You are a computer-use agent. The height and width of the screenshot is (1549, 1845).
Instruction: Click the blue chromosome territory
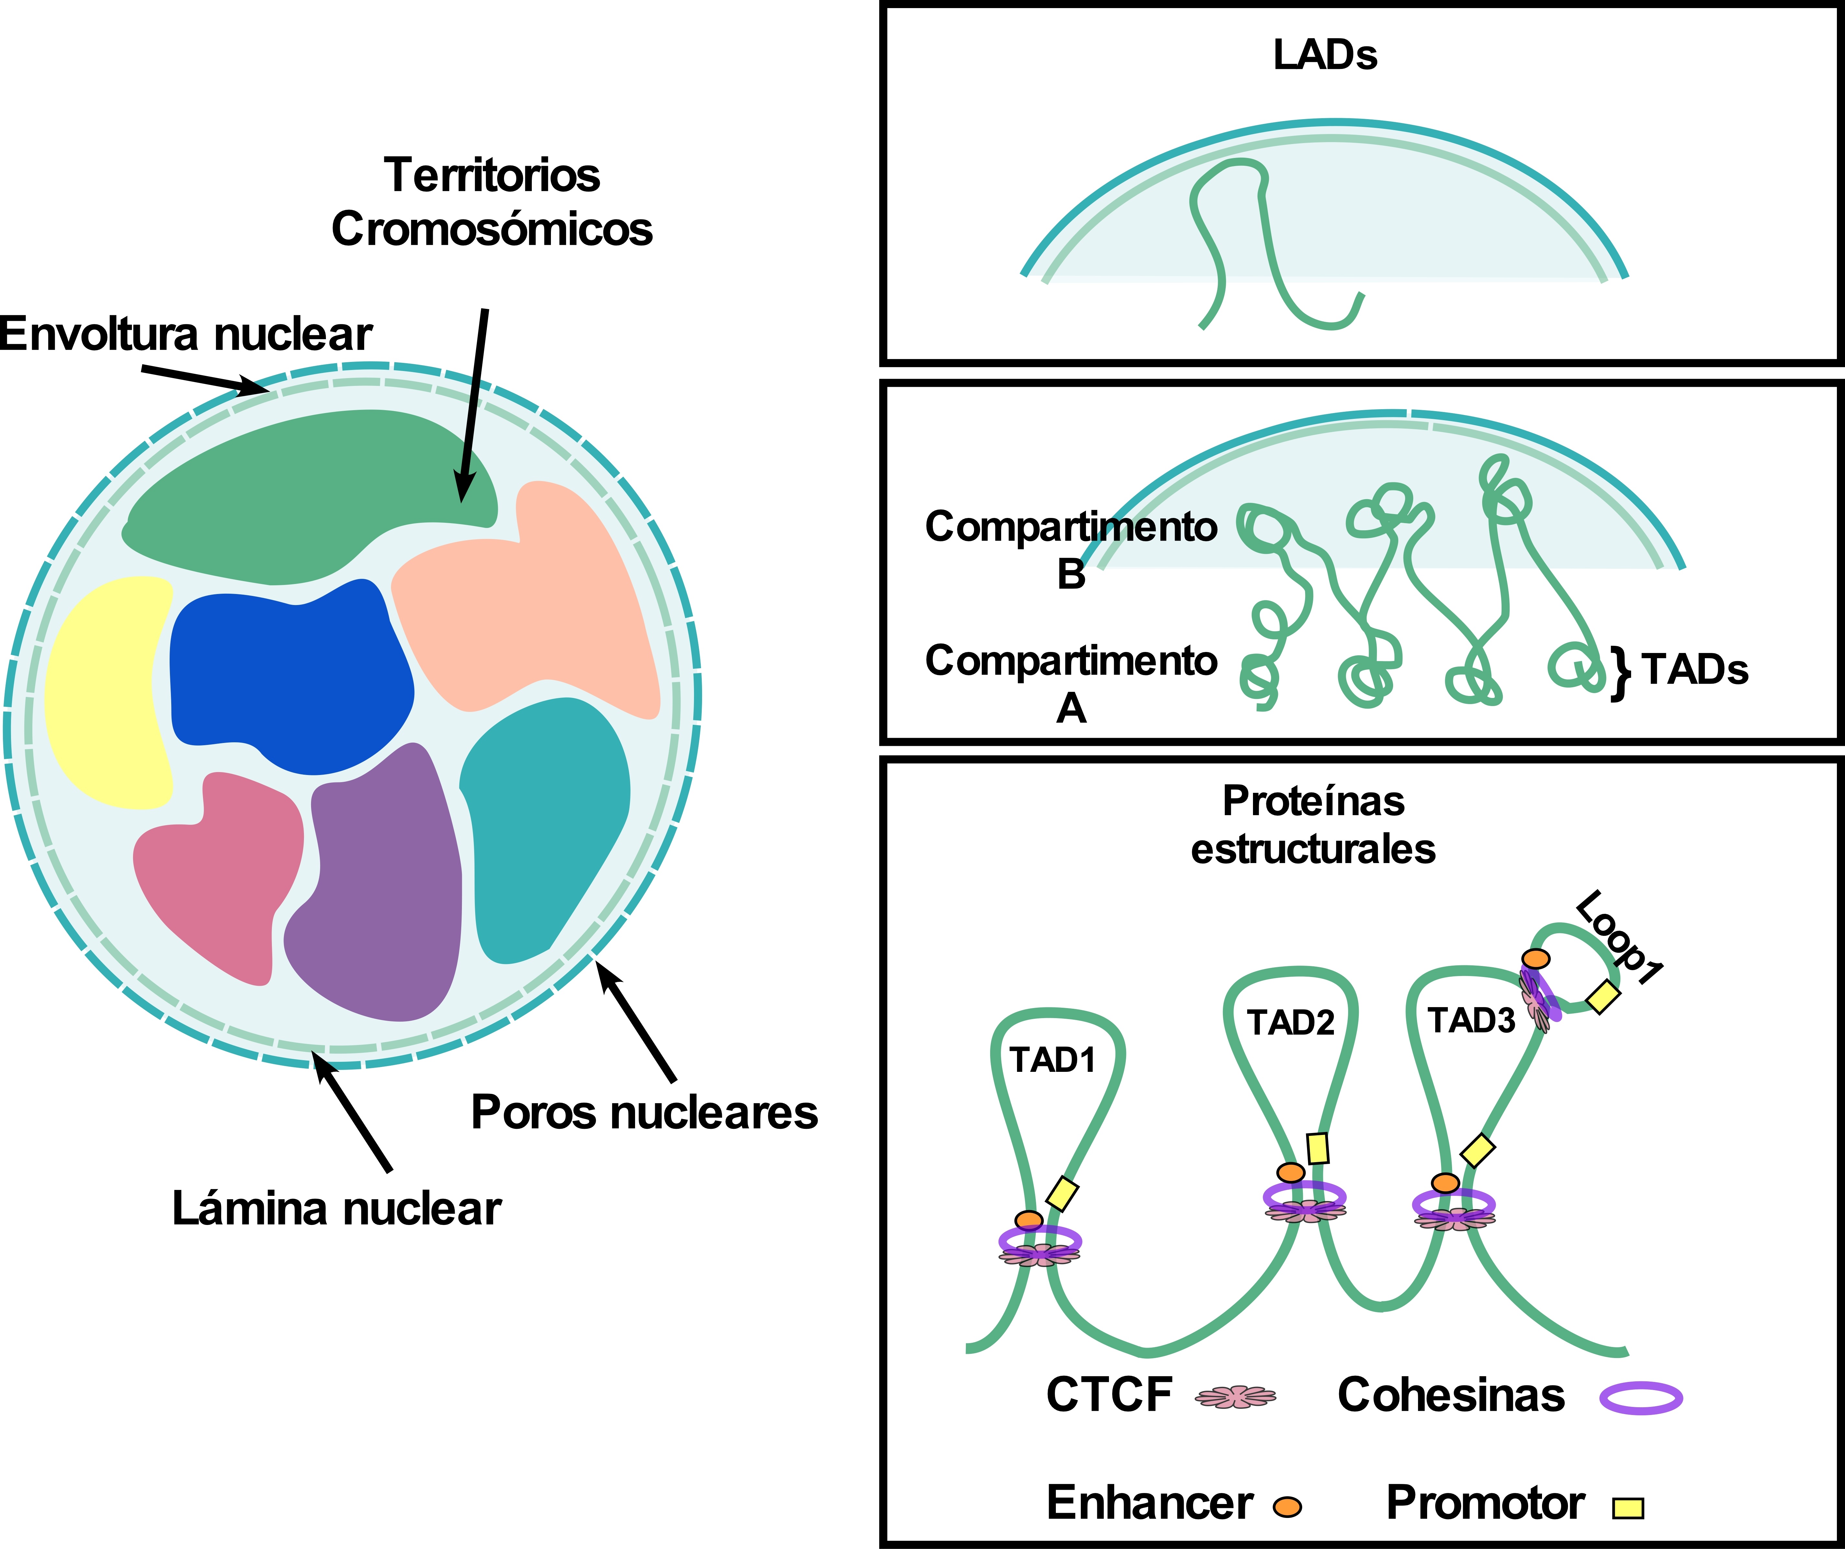click(x=290, y=677)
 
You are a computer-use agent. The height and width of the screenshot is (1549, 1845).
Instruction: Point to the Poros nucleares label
click(x=644, y=1112)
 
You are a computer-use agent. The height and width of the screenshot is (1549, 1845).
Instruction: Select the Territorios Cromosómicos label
click(x=492, y=202)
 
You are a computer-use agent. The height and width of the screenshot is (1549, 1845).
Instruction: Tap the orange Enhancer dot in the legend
click(x=1287, y=1507)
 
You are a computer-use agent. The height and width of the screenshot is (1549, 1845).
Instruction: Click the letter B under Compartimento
click(x=1071, y=575)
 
